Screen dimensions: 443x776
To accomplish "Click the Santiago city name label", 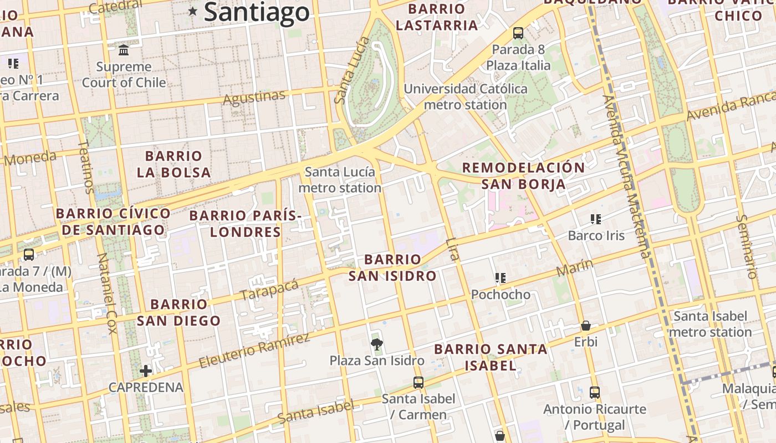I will click(x=257, y=12).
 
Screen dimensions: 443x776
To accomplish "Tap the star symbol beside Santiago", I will click(x=193, y=11).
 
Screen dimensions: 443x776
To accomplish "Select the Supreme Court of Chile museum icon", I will click(x=124, y=50).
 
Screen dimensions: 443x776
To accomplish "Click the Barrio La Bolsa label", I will click(x=173, y=164).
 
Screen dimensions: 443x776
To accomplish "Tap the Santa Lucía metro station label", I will click(x=340, y=180).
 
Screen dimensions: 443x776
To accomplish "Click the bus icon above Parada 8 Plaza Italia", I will click(x=518, y=33).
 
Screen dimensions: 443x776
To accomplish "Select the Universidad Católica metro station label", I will click(x=466, y=96).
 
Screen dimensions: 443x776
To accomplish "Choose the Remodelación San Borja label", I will click(x=523, y=176).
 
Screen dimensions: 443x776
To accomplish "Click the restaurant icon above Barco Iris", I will click(x=596, y=219).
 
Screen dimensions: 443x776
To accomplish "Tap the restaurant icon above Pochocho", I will click(x=501, y=278).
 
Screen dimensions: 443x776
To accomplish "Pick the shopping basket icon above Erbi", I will click(x=585, y=326).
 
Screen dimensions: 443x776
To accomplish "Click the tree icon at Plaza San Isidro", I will click(x=377, y=344).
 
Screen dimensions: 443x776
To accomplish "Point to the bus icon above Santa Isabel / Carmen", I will click(x=418, y=382).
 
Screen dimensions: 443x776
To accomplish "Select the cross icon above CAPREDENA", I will click(x=146, y=370).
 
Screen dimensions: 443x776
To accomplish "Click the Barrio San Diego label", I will click(x=178, y=312).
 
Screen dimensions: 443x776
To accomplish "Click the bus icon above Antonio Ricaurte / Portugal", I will click(x=595, y=393).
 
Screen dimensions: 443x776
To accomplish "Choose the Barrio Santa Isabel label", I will click(x=491, y=357).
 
